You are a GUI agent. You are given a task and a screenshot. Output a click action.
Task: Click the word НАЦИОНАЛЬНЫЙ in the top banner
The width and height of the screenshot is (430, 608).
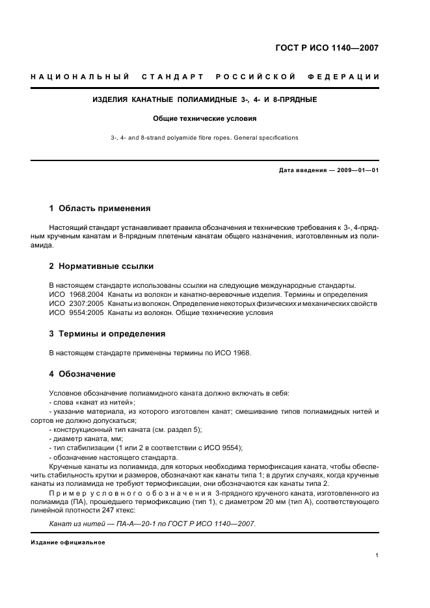(x=79, y=77)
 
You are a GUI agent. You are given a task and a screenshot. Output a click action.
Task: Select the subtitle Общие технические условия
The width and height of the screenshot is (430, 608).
(x=204, y=119)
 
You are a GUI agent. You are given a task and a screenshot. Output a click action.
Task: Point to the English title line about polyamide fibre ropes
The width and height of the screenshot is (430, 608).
(x=204, y=138)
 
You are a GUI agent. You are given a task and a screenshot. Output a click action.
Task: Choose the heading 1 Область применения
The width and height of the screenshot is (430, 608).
(x=100, y=209)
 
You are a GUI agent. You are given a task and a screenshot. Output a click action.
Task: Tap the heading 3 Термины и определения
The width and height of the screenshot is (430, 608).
(x=107, y=333)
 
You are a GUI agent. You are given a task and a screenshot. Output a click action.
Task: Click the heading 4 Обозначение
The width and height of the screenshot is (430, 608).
(x=82, y=374)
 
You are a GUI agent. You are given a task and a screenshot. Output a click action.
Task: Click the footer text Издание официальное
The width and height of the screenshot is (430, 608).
(x=68, y=542)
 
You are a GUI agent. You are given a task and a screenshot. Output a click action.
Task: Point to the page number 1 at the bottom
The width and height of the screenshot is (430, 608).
(x=377, y=555)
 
